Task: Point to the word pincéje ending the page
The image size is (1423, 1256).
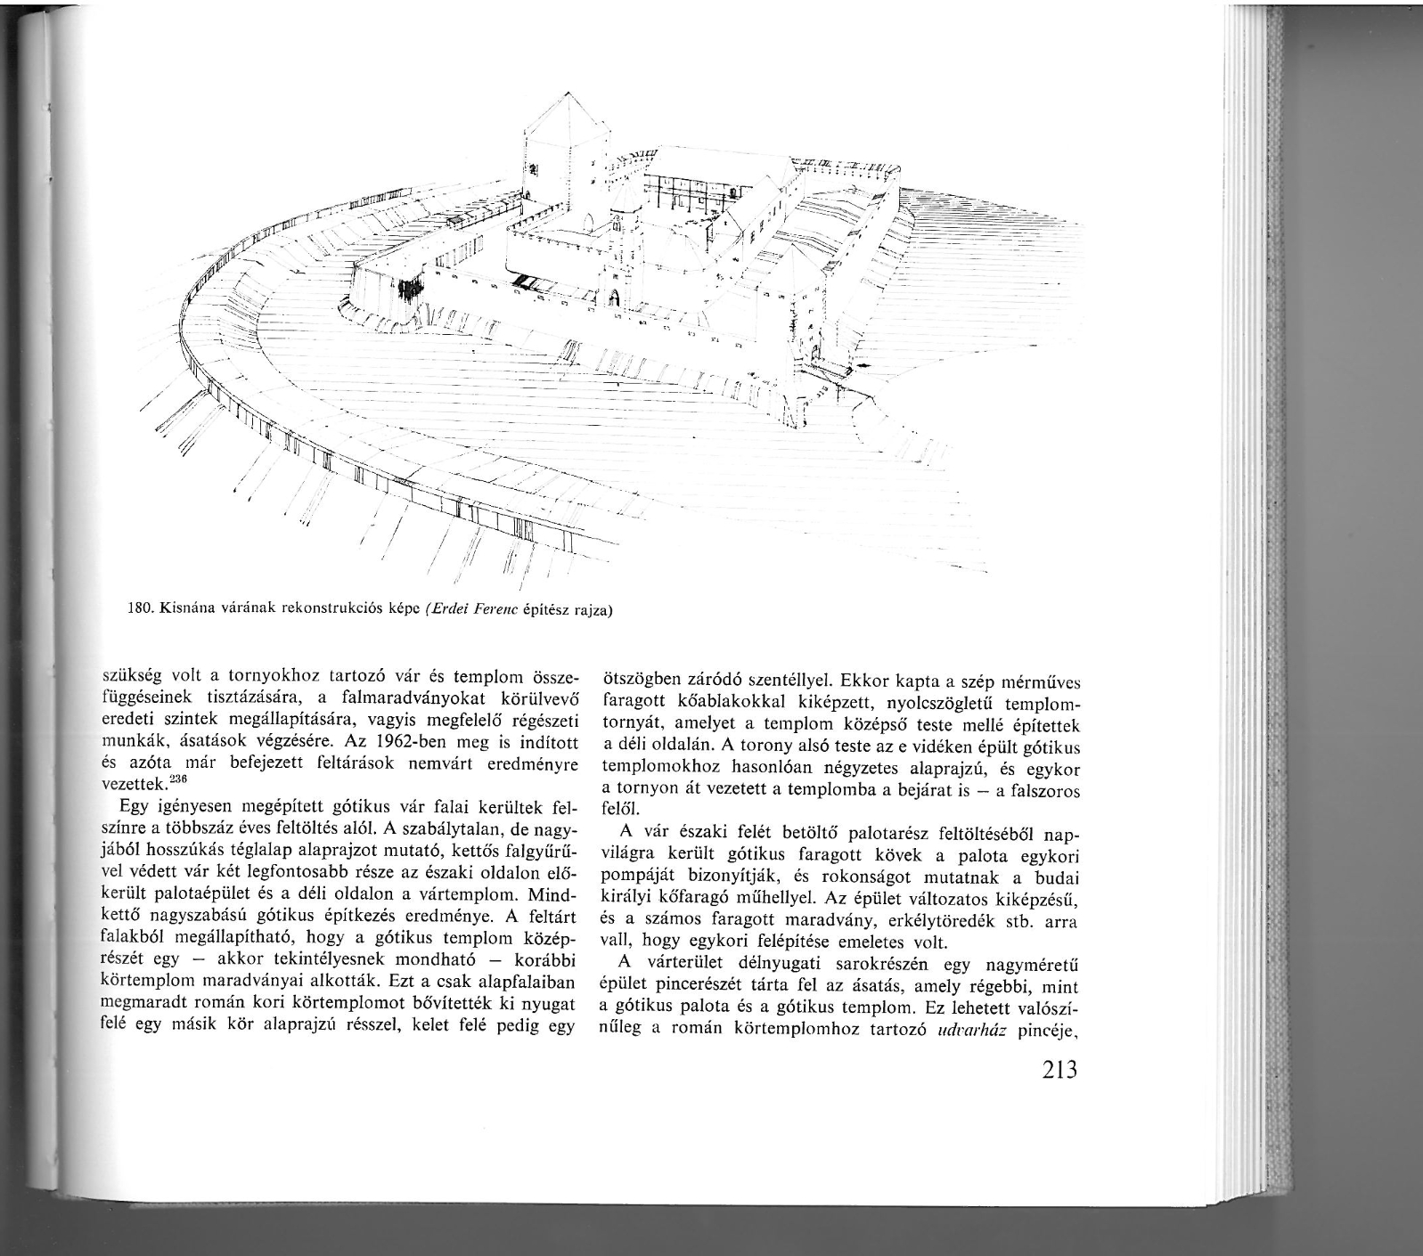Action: coord(1046,1033)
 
